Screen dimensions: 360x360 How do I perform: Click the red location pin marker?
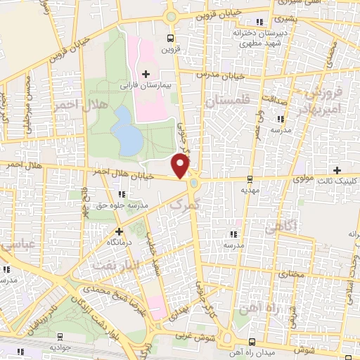coord(181,166)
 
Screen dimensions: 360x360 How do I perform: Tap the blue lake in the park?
coord(127,130)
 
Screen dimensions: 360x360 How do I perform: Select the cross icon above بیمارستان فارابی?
coord(146,74)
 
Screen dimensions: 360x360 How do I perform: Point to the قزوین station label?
coord(171,49)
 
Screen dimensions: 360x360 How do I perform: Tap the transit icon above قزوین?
coord(171,38)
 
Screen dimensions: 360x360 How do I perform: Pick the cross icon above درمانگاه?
coord(119,231)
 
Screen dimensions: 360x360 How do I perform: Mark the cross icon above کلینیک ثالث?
coord(338,170)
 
